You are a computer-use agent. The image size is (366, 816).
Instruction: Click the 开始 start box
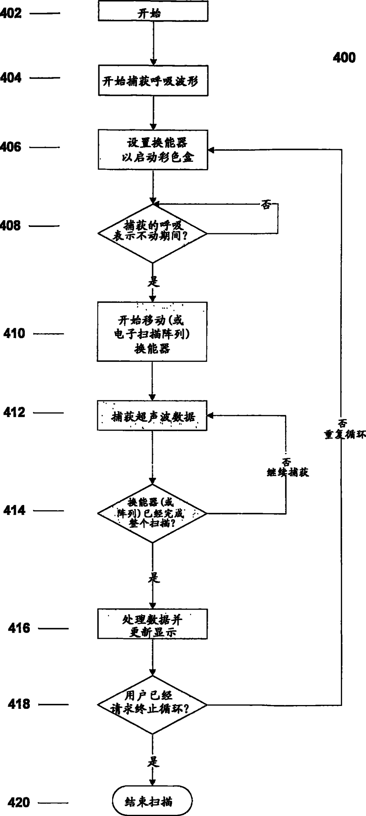pos(153,12)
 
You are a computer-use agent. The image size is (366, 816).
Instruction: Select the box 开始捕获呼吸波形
pos(153,81)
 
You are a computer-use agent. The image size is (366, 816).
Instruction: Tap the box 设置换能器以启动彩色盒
pos(153,150)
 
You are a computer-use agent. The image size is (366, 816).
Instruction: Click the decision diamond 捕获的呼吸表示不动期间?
pos(152,233)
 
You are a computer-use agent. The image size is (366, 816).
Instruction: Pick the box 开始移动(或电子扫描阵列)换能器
pos(152,332)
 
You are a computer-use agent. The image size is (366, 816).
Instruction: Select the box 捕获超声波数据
pos(152,416)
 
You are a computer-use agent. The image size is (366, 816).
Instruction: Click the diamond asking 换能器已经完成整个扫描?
pos(152,513)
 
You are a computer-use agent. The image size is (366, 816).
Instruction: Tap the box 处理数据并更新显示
pos(152,624)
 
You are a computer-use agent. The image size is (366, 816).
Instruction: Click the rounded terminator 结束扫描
pos(152,802)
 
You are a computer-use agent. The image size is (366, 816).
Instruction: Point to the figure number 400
pos(344,58)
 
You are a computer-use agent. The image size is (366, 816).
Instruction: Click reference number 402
pos(11,13)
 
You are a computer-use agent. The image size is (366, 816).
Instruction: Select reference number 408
pos(10,225)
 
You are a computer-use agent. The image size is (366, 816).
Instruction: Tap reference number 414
pos(14,510)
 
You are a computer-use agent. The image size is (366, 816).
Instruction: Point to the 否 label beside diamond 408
pos(266,205)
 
